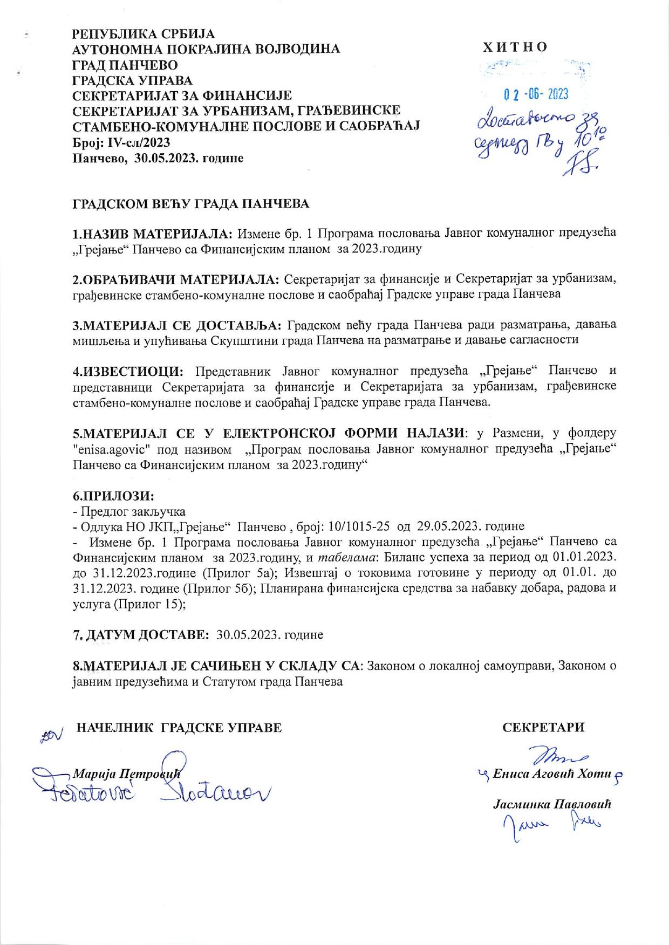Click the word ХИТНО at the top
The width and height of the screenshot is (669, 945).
click(515, 47)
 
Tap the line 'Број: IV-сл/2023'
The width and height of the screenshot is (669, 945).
click(121, 142)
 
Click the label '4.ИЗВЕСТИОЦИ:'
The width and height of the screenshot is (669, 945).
click(128, 371)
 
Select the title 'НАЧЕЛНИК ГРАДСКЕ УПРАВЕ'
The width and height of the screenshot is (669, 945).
click(180, 727)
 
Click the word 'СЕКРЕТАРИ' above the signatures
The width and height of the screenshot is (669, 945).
click(543, 727)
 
